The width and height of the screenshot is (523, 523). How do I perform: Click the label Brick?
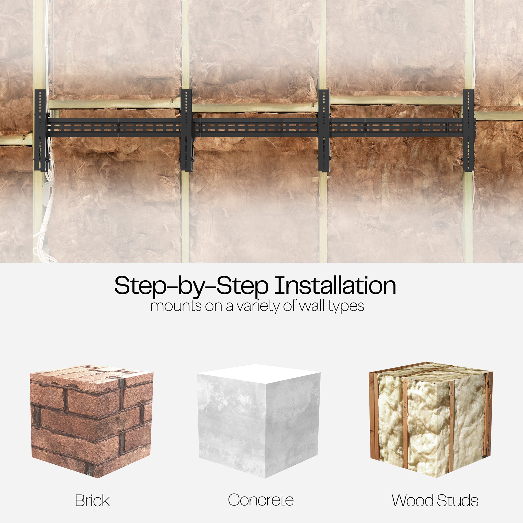coord(92,501)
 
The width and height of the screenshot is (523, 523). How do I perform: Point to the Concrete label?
coord(261,500)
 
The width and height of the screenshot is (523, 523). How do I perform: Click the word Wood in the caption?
coord(413,501)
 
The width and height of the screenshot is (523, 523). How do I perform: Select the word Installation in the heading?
coord(336,286)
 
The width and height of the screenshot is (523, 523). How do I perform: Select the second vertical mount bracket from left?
coord(186,130)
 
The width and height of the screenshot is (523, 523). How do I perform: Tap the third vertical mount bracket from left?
coord(324,130)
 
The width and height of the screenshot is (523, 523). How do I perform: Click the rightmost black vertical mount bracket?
coord(469,130)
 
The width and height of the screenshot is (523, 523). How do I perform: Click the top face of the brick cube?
coord(92,375)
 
